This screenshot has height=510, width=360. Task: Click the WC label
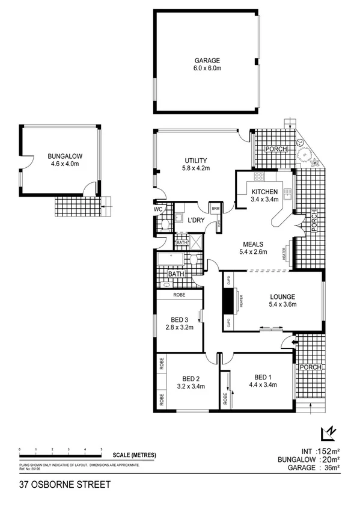(159, 209)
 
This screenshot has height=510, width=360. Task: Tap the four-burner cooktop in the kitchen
(260, 177)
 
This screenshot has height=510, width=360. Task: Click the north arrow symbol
(328, 433)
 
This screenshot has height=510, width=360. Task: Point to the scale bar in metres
(60, 450)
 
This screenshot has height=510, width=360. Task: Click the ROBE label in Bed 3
(178, 295)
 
